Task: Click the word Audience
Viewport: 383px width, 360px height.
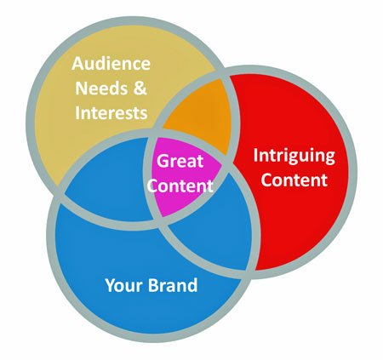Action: click(111, 64)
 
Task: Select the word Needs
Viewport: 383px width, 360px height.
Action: click(101, 89)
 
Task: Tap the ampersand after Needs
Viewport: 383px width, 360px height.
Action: click(140, 89)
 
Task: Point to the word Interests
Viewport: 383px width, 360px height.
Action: click(111, 112)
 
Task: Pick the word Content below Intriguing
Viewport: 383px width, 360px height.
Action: click(294, 180)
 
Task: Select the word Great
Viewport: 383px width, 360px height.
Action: click(180, 161)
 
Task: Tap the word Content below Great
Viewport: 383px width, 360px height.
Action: click(180, 186)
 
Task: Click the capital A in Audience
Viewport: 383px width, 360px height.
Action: click(78, 64)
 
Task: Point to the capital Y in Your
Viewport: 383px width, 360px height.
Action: click(111, 285)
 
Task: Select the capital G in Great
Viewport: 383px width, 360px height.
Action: click(163, 161)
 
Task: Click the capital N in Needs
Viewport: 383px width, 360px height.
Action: click(82, 89)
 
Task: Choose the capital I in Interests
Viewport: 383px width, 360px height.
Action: click(77, 112)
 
